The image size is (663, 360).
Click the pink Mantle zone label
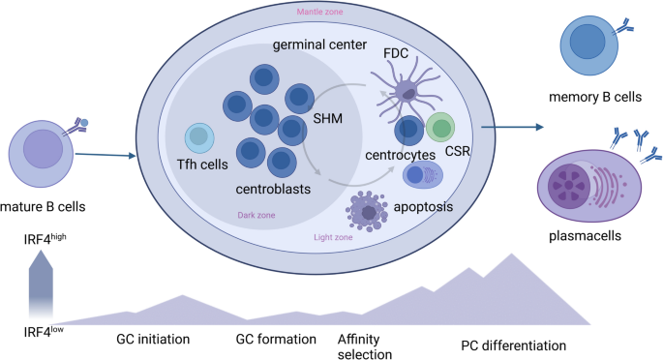pyautogui.click(x=319, y=12)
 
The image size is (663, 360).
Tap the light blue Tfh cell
pyautogui.click(x=199, y=137)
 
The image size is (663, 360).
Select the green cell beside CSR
pyautogui.click(x=440, y=127)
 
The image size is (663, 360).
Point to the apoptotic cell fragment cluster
pyautogui.click(x=367, y=211)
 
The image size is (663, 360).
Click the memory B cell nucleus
pyautogui.click(x=588, y=42)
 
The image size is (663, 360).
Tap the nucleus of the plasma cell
pyautogui.click(x=569, y=185)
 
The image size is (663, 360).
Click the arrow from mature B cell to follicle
pyautogui.click(x=105, y=156)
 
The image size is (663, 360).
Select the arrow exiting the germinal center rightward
pyautogui.click(x=512, y=127)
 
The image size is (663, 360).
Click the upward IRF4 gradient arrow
pyautogui.click(x=41, y=284)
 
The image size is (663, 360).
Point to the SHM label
pyautogui.click(x=328, y=118)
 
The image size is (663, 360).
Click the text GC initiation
pyautogui.click(x=153, y=339)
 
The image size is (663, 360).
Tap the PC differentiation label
pyautogui.click(x=513, y=345)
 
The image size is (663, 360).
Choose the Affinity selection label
pyautogui.click(x=365, y=346)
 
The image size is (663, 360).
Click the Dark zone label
pyautogui.click(x=256, y=215)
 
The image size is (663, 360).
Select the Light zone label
pyautogui.click(x=333, y=237)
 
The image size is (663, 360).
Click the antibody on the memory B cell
pyautogui.click(x=623, y=28)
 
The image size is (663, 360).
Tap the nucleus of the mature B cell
pyautogui.click(x=44, y=149)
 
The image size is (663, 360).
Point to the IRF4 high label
pyautogui.click(x=45, y=239)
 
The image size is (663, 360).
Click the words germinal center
pyautogui.click(x=319, y=45)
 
